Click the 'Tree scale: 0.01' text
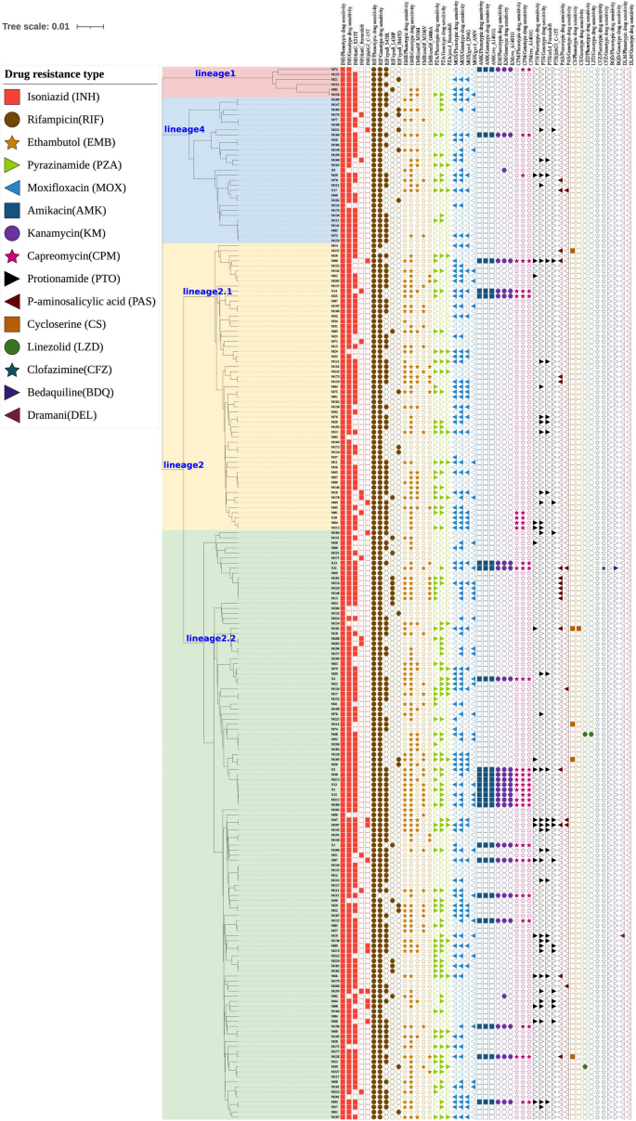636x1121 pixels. click(x=35, y=27)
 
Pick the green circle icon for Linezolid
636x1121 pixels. click(x=14, y=346)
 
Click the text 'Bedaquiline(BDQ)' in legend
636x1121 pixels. click(x=73, y=392)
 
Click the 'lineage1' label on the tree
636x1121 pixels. click(x=215, y=72)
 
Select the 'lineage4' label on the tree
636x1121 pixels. click(x=184, y=129)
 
